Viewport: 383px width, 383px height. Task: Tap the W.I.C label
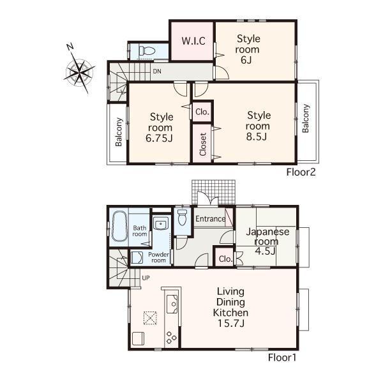pos(193,41)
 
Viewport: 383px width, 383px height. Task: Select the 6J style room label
pos(248,49)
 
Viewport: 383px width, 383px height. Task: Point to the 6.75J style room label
pos(162,127)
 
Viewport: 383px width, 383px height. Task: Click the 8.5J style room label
pos(259,126)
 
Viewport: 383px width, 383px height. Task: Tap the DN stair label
pos(156,71)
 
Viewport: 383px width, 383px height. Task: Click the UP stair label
pos(146,278)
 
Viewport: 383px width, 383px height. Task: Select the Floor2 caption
pos(301,172)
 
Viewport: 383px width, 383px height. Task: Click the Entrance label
pos(210,220)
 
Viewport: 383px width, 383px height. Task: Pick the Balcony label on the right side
pos(306,118)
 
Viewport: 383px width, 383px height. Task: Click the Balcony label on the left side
pos(119,132)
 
